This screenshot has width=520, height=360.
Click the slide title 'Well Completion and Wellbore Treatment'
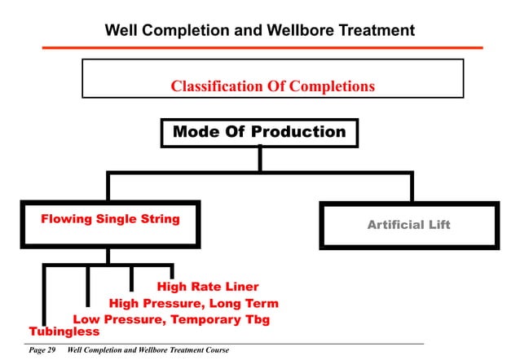pyautogui.click(x=260, y=30)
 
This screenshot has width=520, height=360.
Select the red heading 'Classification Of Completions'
pyautogui.click(x=272, y=86)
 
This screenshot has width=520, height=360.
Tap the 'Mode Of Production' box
pyautogui.click(x=259, y=132)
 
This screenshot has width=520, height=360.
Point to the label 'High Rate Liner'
pyautogui.click(x=208, y=287)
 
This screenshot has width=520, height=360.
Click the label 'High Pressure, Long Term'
pyautogui.click(x=193, y=304)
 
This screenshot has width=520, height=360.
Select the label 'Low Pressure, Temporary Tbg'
pyautogui.click(x=171, y=319)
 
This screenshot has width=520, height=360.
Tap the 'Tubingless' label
pyautogui.click(x=64, y=331)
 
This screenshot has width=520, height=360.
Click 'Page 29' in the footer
pyautogui.click(x=42, y=350)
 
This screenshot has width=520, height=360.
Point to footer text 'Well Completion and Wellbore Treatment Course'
pyautogui.click(x=149, y=350)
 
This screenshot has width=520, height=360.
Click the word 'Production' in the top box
pyautogui.click(x=298, y=132)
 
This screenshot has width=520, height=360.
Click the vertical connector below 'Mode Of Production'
pyautogui.click(x=259, y=159)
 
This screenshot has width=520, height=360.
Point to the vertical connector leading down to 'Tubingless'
pyautogui.click(x=45, y=293)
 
